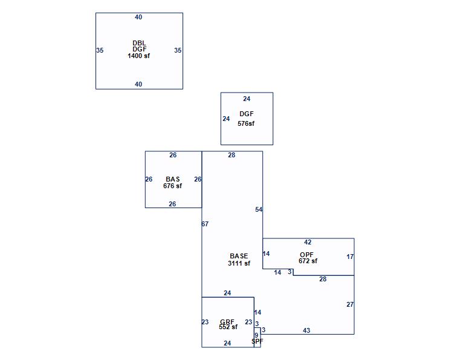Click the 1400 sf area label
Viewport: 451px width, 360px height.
138,56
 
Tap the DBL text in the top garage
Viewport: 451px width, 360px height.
139,43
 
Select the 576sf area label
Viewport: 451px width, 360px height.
246,123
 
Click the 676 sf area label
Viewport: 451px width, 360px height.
172,186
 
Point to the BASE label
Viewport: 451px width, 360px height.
239,256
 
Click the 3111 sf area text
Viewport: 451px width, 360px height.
239,263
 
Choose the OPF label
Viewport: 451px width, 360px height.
307,255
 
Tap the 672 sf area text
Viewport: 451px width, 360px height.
308,261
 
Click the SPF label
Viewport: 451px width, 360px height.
257,341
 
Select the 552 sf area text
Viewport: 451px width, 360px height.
228,327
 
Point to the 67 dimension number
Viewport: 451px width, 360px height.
205,224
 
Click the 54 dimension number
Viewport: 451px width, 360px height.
259,209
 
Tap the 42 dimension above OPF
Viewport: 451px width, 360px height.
308,242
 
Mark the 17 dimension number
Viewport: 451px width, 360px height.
350,257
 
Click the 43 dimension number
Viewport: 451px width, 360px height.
307,330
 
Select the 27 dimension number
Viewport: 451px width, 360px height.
350,304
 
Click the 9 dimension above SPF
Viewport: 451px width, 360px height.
256,335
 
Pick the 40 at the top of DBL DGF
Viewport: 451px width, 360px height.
138,18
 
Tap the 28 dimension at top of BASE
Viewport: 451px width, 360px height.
232,155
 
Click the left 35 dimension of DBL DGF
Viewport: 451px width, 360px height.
100,50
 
